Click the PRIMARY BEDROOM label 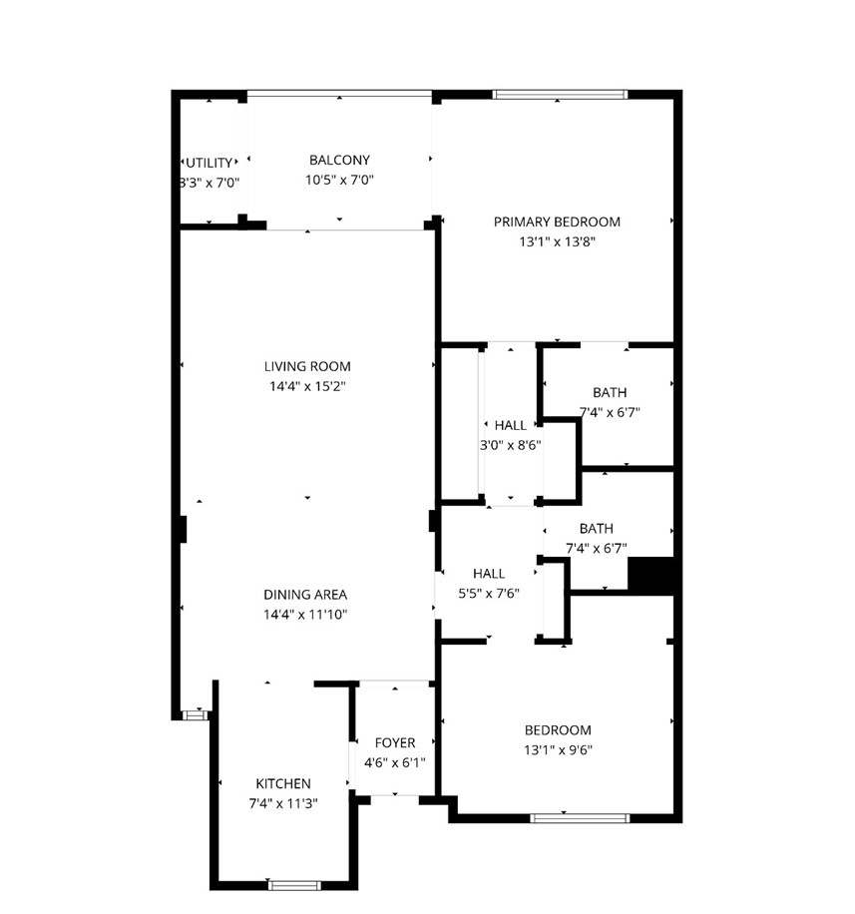[557, 222]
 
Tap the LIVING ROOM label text [307, 366]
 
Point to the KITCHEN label [283, 784]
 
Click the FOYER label [395, 743]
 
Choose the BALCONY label [339, 160]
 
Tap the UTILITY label [210, 163]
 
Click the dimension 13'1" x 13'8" [557, 241]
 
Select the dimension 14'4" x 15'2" [307, 386]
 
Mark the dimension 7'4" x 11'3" [283, 803]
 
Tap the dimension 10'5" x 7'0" [339, 180]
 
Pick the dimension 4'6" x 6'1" [395, 763]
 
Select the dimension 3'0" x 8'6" [511, 445]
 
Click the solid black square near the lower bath [650, 577]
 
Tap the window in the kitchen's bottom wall [294, 884]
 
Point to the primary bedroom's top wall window [560, 95]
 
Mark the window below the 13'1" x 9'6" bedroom [580, 818]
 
